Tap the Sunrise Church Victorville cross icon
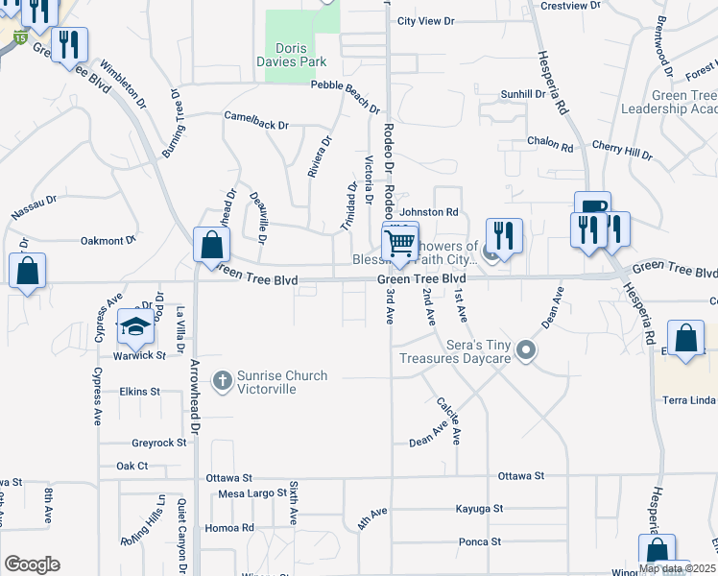click(222, 381)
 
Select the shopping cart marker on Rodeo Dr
click(399, 241)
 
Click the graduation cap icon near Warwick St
click(135, 327)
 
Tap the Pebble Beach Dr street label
click(350, 84)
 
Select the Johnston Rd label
click(429, 211)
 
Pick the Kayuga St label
click(479, 508)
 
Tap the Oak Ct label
click(132, 466)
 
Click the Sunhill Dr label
click(523, 95)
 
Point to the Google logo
click(32, 564)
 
